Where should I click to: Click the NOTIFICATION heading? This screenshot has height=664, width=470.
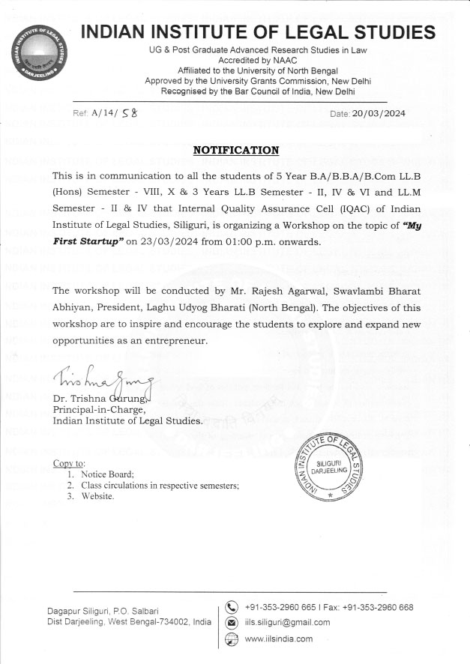(236, 150)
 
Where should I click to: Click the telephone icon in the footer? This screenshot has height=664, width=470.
(232, 608)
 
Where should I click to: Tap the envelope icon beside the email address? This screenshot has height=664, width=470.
(232, 623)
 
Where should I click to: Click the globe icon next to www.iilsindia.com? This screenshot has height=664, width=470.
(232, 639)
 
